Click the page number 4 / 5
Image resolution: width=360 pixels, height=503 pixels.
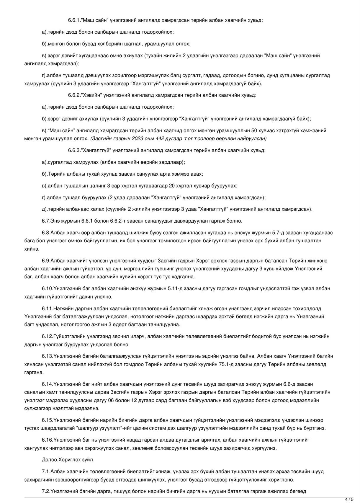click(349, 499)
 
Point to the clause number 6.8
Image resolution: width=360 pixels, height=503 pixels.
click(46, 233)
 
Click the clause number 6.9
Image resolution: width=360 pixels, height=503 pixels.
click(46, 261)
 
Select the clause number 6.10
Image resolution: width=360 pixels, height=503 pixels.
click(47, 288)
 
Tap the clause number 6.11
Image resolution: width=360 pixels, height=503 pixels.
click(47, 308)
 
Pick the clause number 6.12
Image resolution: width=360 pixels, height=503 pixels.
click(47, 336)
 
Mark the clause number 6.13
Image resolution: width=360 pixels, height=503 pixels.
click(47, 356)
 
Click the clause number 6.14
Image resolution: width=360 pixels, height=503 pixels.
click(47, 384)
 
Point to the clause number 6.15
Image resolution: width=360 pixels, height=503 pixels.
click(47, 420)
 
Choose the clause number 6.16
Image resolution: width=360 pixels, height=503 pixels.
click(47, 440)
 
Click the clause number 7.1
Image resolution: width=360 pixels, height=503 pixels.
click(46, 471)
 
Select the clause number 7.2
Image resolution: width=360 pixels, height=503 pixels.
click(46, 491)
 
